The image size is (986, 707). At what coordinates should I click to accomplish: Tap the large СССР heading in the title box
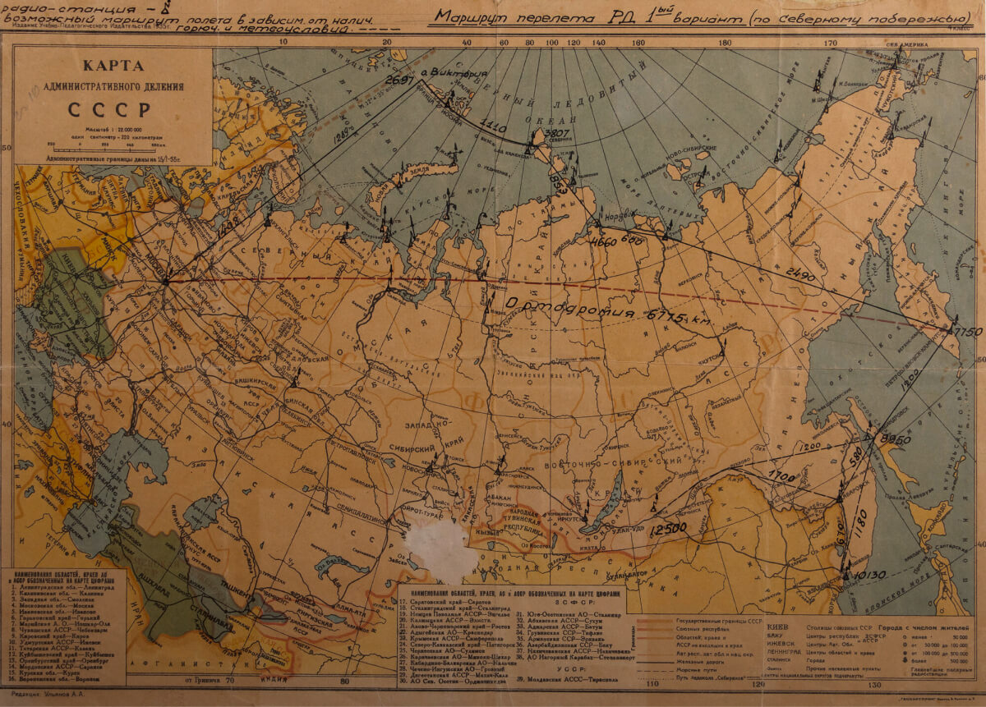tap(109, 109)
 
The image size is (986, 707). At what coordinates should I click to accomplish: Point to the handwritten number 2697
tap(400, 80)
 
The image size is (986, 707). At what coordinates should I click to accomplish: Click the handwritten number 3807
tap(557, 134)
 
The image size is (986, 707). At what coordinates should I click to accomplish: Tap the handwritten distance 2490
tap(800, 272)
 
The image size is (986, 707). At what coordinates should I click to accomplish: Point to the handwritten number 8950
tap(895, 440)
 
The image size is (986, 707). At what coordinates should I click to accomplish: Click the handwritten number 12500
tap(667, 530)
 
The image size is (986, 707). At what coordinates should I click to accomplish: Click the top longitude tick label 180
tap(725, 44)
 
